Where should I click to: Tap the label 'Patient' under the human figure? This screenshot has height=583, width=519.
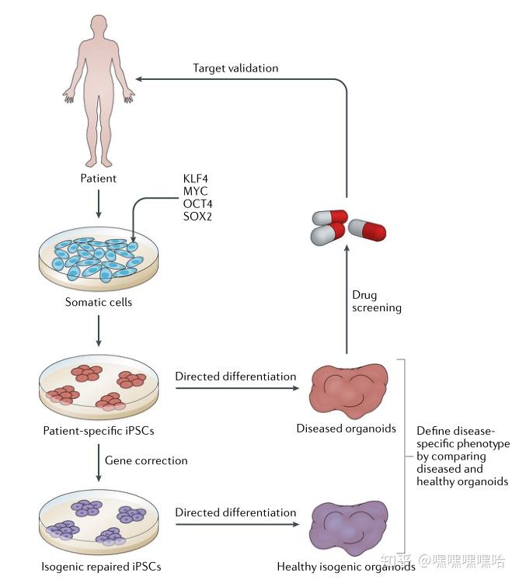[x=98, y=179]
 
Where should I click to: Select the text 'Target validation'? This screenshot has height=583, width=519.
[x=235, y=68]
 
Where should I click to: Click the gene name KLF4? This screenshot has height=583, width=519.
[x=195, y=180]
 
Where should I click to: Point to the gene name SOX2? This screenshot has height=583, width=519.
[x=197, y=217]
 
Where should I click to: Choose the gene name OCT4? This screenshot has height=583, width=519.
[x=197, y=204]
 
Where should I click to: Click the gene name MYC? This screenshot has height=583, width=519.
[x=194, y=192]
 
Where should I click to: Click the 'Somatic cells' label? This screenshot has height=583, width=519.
[x=98, y=302]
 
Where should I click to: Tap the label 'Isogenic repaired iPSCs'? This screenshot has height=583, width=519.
[x=99, y=566]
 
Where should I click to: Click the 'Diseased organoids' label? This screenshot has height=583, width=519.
[x=346, y=429]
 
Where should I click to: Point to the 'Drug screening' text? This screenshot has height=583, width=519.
[x=377, y=301]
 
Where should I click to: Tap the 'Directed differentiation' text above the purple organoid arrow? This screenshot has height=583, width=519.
[x=235, y=512]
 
